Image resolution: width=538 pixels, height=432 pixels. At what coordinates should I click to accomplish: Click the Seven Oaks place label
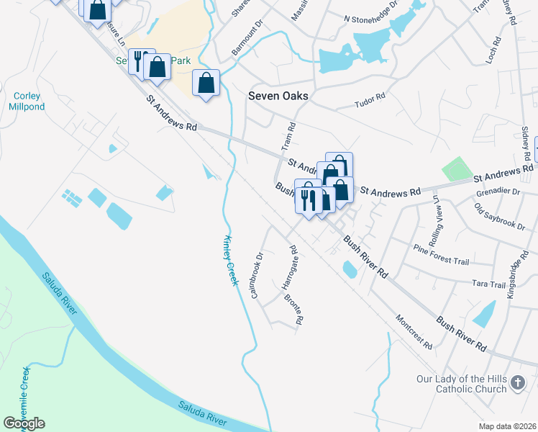pyautogui.click(x=278, y=96)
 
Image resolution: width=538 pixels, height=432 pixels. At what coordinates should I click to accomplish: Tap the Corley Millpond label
pyautogui.click(x=27, y=102)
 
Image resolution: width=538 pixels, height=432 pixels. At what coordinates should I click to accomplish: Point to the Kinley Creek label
pyautogui.click(x=230, y=260)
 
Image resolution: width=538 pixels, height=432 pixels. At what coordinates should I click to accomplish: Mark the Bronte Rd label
pyautogui.click(x=292, y=307)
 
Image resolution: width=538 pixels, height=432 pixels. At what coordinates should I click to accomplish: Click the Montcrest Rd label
pyautogui.click(x=414, y=332)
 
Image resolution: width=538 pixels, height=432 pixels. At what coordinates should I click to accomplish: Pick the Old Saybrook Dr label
pyautogui.click(x=499, y=216)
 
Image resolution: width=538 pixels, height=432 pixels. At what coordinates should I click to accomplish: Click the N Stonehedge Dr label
pyautogui.click(x=370, y=18)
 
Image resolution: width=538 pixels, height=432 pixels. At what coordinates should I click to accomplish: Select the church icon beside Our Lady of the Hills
pyautogui.click(x=516, y=384)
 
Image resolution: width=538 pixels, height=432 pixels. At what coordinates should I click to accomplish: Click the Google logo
pyautogui.click(x=24, y=423)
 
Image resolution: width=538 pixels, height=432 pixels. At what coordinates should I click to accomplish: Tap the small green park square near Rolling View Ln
pyautogui.click(x=455, y=169)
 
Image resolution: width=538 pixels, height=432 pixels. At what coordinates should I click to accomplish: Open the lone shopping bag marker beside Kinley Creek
pyautogui.click(x=206, y=84)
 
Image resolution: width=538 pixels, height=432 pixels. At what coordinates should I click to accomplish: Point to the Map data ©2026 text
pyautogui.click(x=507, y=426)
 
